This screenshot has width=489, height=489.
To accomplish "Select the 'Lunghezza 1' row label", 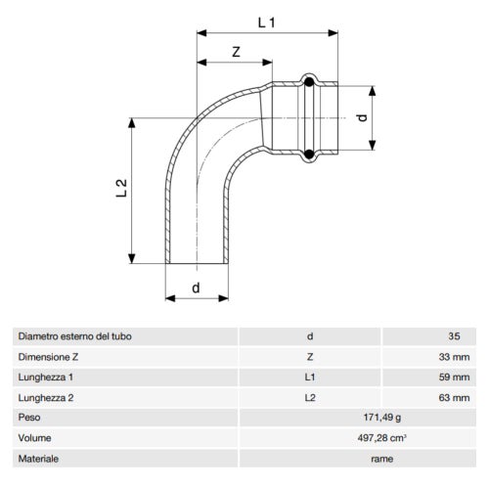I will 46,377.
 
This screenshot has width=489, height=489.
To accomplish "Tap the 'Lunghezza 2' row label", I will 46,397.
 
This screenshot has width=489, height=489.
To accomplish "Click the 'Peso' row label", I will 29,418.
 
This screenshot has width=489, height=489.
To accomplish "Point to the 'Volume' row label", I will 34,438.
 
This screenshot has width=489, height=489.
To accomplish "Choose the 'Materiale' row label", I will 38,459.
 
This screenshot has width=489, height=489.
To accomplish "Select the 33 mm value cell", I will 455,357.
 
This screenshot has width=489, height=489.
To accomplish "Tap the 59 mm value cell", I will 455,377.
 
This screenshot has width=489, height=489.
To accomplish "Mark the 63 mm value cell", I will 455,397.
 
